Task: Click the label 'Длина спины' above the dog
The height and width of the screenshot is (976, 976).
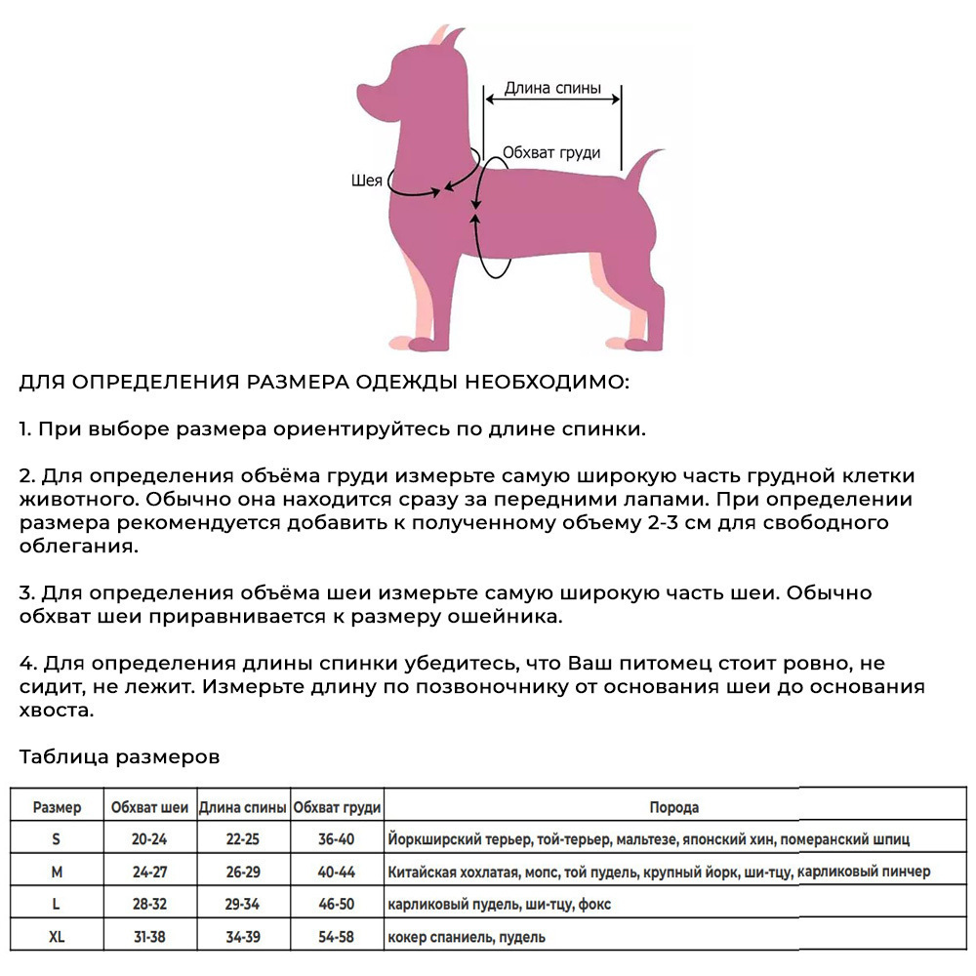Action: click(551, 88)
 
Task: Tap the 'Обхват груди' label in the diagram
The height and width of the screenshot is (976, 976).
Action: click(551, 153)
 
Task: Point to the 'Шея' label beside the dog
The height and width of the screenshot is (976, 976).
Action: click(365, 181)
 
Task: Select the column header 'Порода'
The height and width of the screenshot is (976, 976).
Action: click(673, 807)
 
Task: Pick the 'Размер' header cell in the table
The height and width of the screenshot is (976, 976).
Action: click(57, 807)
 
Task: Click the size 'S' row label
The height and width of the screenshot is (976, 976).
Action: click(56, 838)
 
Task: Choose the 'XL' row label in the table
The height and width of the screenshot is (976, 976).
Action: click(57, 937)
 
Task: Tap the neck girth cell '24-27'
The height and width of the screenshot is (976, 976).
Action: click(149, 872)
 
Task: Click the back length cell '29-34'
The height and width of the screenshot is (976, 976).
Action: click(242, 905)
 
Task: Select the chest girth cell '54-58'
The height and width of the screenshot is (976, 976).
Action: click(337, 937)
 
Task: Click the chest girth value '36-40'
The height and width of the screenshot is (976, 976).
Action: click(337, 838)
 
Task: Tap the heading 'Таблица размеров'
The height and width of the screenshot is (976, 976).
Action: click(119, 756)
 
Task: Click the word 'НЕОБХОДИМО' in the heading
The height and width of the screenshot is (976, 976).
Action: click(547, 382)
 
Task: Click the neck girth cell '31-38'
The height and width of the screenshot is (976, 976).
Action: click(149, 937)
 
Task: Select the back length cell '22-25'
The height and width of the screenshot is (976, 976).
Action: click(242, 838)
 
